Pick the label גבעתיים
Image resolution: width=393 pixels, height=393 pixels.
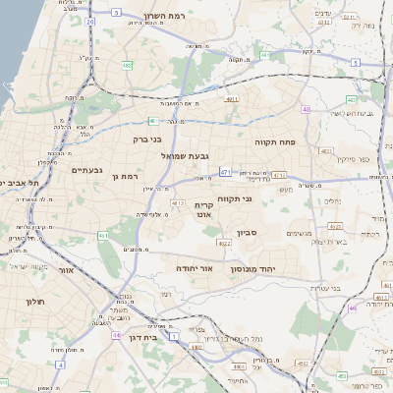[x=87, y=170]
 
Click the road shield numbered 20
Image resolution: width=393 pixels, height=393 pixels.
[x=90, y=22]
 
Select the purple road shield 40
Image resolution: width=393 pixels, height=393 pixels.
[x=308, y=110]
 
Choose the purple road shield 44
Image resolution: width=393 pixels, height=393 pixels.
[x=116, y=335]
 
